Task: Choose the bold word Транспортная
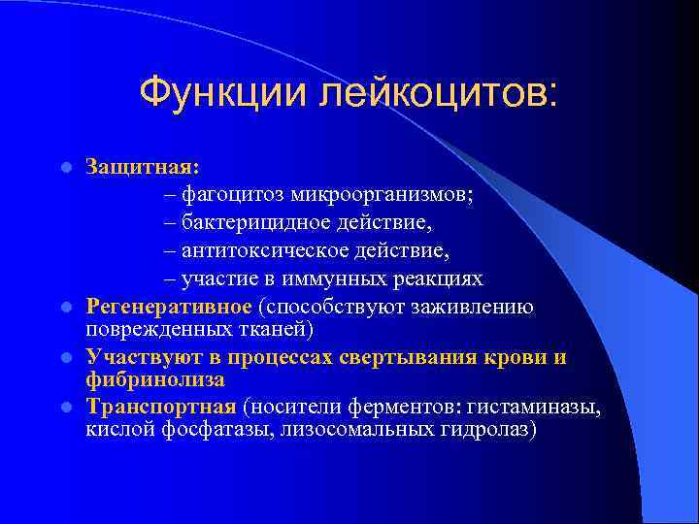tap(161, 406)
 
